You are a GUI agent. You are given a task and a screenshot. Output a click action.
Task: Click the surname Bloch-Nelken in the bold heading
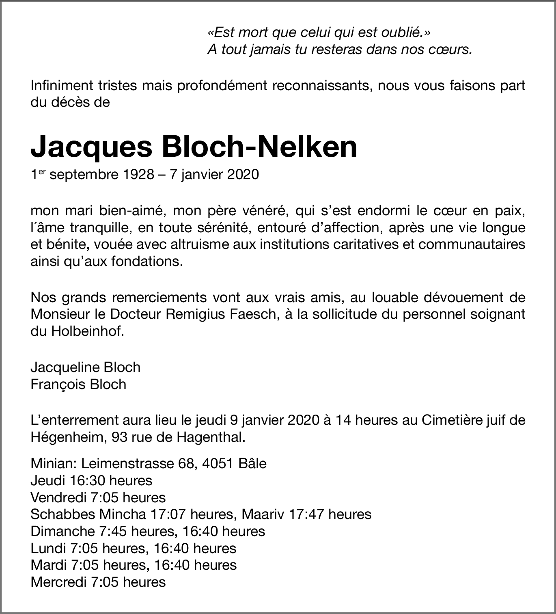pyautogui.click(x=259, y=147)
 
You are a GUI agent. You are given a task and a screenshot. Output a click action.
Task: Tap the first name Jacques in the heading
pyautogui.click(x=92, y=147)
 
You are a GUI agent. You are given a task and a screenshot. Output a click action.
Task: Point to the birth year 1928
pyautogui.click(x=137, y=175)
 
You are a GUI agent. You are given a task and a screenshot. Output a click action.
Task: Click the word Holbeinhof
pyautogui.click(x=86, y=331)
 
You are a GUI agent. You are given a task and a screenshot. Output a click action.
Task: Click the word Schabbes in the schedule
pyautogui.click(x=62, y=515)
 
